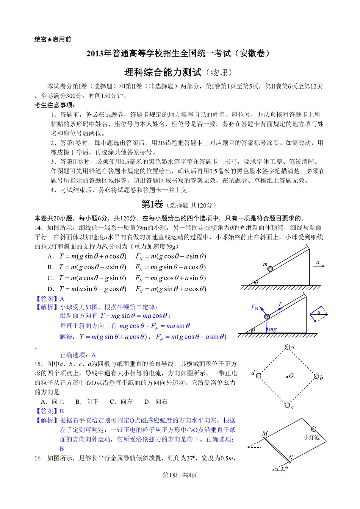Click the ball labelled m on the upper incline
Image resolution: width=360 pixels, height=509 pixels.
(270, 269)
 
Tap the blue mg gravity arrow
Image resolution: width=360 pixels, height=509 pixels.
(267, 325)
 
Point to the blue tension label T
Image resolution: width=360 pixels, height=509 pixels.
(280, 304)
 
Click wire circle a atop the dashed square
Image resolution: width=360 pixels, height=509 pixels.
(287, 347)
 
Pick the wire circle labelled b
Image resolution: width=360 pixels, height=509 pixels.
(316, 376)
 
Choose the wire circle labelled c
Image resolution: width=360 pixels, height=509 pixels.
(287, 405)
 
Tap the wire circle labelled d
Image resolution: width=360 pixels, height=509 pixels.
(258, 376)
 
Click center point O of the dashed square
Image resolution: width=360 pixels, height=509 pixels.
(287, 376)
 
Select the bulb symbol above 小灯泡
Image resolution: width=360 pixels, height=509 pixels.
(314, 429)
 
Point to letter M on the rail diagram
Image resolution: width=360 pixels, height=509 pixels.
(265, 434)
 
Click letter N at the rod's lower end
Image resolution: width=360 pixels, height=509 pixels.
(291, 457)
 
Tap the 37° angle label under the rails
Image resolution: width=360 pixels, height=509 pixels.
(284, 468)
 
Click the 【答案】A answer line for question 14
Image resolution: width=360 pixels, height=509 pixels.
(50, 299)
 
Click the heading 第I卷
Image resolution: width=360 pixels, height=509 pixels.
(152, 205)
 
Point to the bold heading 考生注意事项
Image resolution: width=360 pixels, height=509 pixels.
(55, 105)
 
